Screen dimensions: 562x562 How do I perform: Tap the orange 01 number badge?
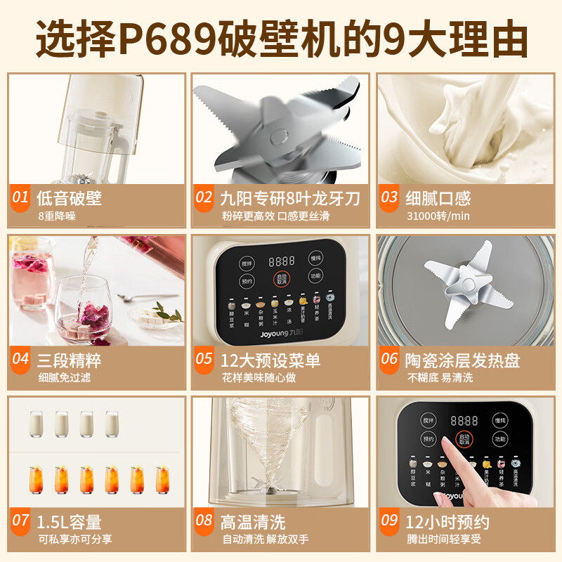21,198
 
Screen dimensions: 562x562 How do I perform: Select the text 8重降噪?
57,216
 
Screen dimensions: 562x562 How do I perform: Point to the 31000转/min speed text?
438,216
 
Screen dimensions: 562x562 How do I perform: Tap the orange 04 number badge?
21,359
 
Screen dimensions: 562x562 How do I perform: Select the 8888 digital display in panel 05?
281,259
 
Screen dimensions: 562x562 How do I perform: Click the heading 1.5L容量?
70,522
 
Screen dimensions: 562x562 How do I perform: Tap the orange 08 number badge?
204,521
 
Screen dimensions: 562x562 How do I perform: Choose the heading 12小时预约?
447,522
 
